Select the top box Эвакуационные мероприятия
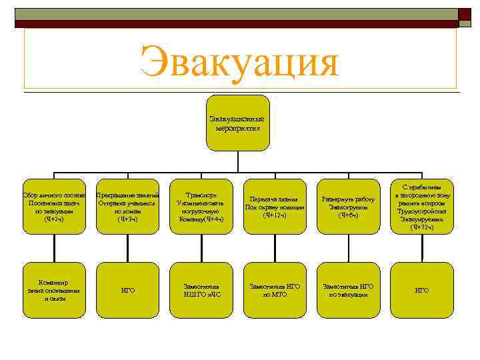(x=240, y=124)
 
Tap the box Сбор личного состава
(x=55, y=207)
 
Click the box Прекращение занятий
(x=128, y=207)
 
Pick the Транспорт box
(x=201, y=207)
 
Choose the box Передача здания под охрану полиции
(x=275, y=207)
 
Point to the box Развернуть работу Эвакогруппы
(x=348, y=207)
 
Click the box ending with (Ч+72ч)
(x=421, y=207)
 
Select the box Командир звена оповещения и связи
(x=55, y=290)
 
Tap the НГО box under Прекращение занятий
(x=128, y=290)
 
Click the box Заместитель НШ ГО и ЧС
(x=201, y=290)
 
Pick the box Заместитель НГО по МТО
(x=275, y=290)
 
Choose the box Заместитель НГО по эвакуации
(x=348, y=290)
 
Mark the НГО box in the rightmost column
(x=421, y=290)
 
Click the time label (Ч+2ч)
(x=54, y=219)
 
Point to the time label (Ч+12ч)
(x=275, y=215)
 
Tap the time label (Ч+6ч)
(x=348, y=215)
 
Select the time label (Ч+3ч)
(x=127, y=219)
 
